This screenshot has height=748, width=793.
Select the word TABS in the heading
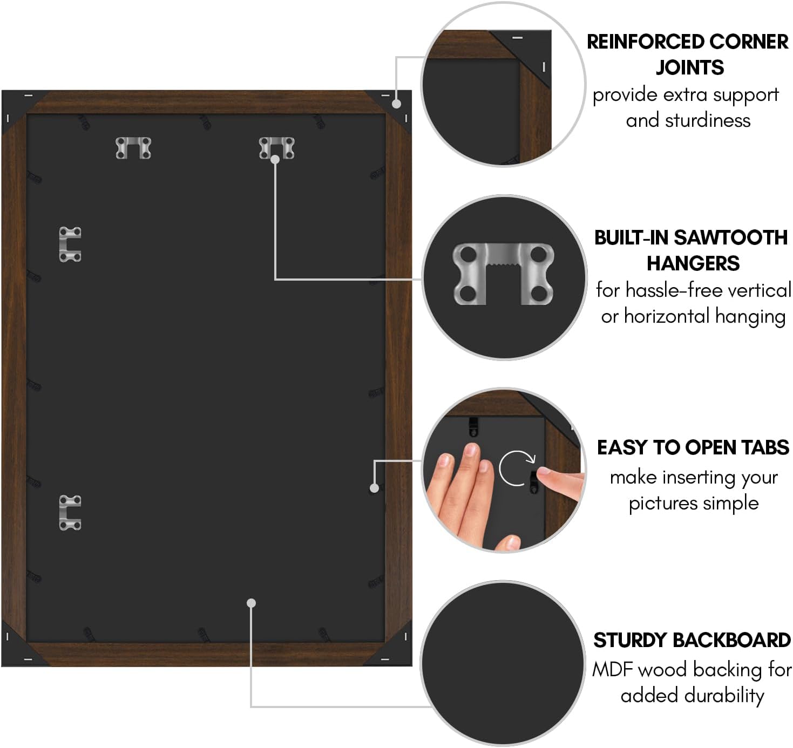click(765, 447)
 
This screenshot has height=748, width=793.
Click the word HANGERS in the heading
click(693, 263)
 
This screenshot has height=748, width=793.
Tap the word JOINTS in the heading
click(690, 67)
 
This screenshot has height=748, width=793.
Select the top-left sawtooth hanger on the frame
click(133, 148)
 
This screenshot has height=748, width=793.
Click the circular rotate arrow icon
click(516, 468)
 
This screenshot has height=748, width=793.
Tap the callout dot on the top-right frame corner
click(396, 104)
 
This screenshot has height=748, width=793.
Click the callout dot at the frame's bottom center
click(251, 603)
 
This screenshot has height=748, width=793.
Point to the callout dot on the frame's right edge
click(374, 488)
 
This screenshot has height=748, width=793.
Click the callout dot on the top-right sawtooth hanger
click(275, 160)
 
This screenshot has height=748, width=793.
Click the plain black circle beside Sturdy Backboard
click(503, 663)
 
